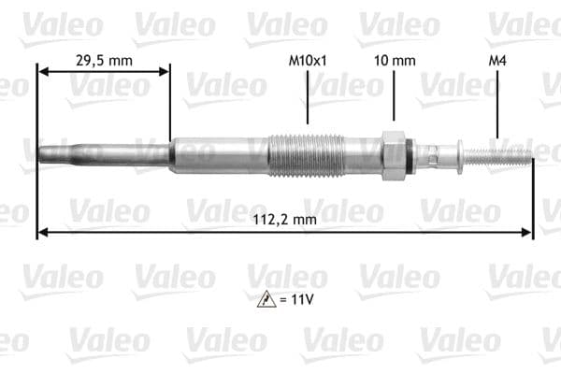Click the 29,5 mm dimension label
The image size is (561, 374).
(x=103, y=60)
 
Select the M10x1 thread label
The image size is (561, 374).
(x=308, y=60)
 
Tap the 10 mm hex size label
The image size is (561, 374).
(x=394, y=60)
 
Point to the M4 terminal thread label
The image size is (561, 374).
(x=497, y=60)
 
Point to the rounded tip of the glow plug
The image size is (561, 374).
(x=42, y=151)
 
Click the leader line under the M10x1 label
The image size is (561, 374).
(x=308, y=97)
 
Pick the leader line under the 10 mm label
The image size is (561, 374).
(x=394, y=97)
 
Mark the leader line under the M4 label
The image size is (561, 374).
(x=497, y=97)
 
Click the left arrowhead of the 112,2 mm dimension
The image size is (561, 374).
(x=42, y=232)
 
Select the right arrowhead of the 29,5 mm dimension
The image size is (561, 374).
(x=165, y=71)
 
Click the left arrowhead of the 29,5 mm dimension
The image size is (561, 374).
(x=42, y=71)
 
